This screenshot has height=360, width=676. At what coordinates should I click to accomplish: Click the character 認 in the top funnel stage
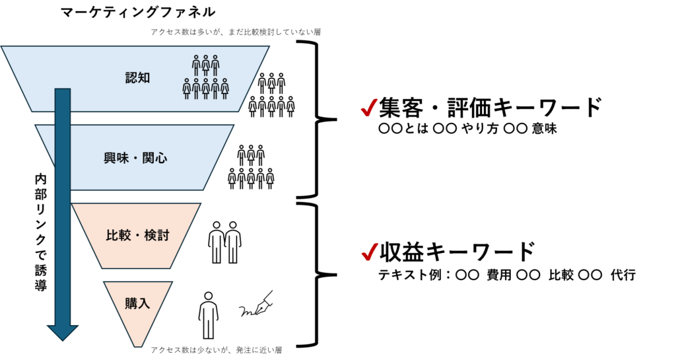131,78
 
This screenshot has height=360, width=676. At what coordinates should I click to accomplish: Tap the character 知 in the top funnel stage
145,78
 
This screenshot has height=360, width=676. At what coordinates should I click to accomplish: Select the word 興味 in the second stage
117,159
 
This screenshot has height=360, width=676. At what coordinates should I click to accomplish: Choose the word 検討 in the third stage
157,235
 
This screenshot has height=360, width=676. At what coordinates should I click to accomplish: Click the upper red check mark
368,108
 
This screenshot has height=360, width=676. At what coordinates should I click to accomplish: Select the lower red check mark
370,252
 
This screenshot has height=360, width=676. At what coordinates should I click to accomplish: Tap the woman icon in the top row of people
206,65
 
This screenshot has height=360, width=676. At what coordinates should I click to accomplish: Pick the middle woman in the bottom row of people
206,89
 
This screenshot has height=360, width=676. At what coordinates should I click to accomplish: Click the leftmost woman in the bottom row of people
187,89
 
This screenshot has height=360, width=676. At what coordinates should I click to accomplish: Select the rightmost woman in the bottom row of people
224,89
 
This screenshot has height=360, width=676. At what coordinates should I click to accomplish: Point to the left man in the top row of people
196,65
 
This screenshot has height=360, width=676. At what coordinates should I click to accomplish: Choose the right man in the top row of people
215,65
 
